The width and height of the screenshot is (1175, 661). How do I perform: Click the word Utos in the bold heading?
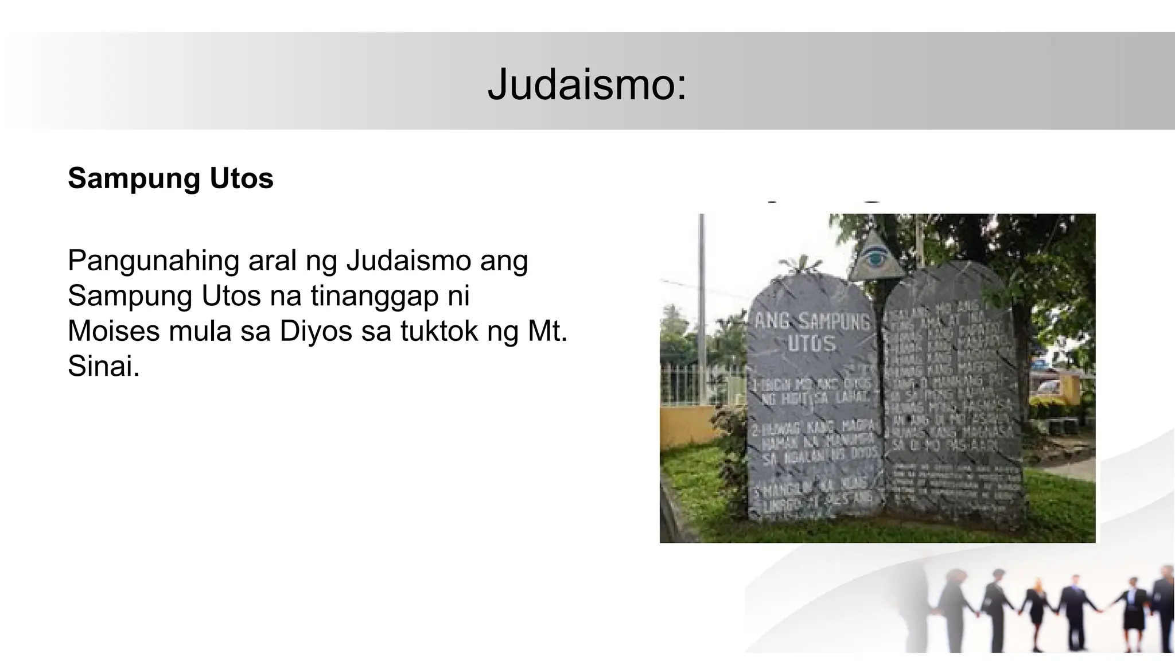[241, 178]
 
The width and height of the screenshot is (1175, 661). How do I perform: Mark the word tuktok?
[439, 331]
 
